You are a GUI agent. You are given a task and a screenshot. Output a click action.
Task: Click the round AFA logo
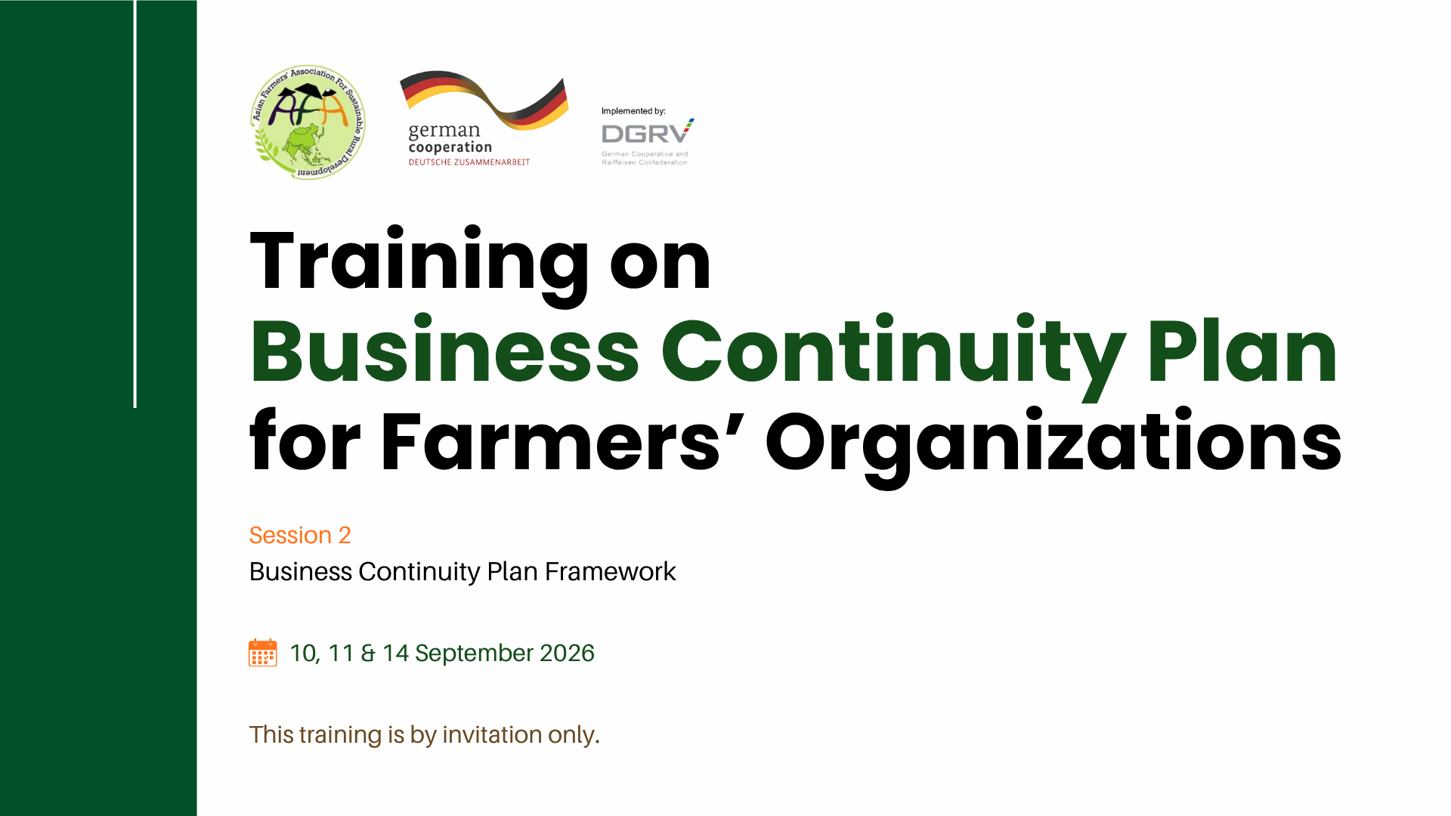[x=308, y=122]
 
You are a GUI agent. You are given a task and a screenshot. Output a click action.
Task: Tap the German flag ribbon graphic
[x=484, y=100]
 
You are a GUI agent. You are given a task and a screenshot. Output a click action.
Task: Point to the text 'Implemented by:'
[x=633, y=111]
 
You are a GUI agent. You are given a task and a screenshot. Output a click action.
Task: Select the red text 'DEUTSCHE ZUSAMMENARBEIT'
[x=469, y=162]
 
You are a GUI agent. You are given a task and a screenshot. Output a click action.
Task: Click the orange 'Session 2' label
[x=300, y=535]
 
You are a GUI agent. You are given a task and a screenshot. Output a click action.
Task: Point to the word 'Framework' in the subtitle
[x=611, y=572]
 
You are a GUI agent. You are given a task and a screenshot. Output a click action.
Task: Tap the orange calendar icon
[x=263, y=653]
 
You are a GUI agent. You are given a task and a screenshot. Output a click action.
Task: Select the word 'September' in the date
[x=474, y=654]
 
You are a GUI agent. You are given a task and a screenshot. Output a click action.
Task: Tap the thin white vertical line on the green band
[x=135, y=204]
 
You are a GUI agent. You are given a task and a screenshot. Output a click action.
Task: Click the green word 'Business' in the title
[x=445, y=351]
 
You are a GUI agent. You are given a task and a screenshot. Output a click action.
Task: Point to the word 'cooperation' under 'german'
[x=450, y=148]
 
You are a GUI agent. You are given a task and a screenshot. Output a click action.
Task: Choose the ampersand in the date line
[x=368, y=653]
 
